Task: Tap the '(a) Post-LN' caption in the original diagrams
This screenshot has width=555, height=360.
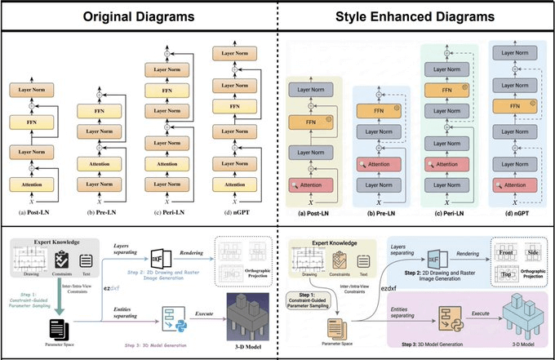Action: click(x=37, y=213)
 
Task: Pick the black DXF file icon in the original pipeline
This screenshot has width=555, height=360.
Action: click(x=162, y=258)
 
